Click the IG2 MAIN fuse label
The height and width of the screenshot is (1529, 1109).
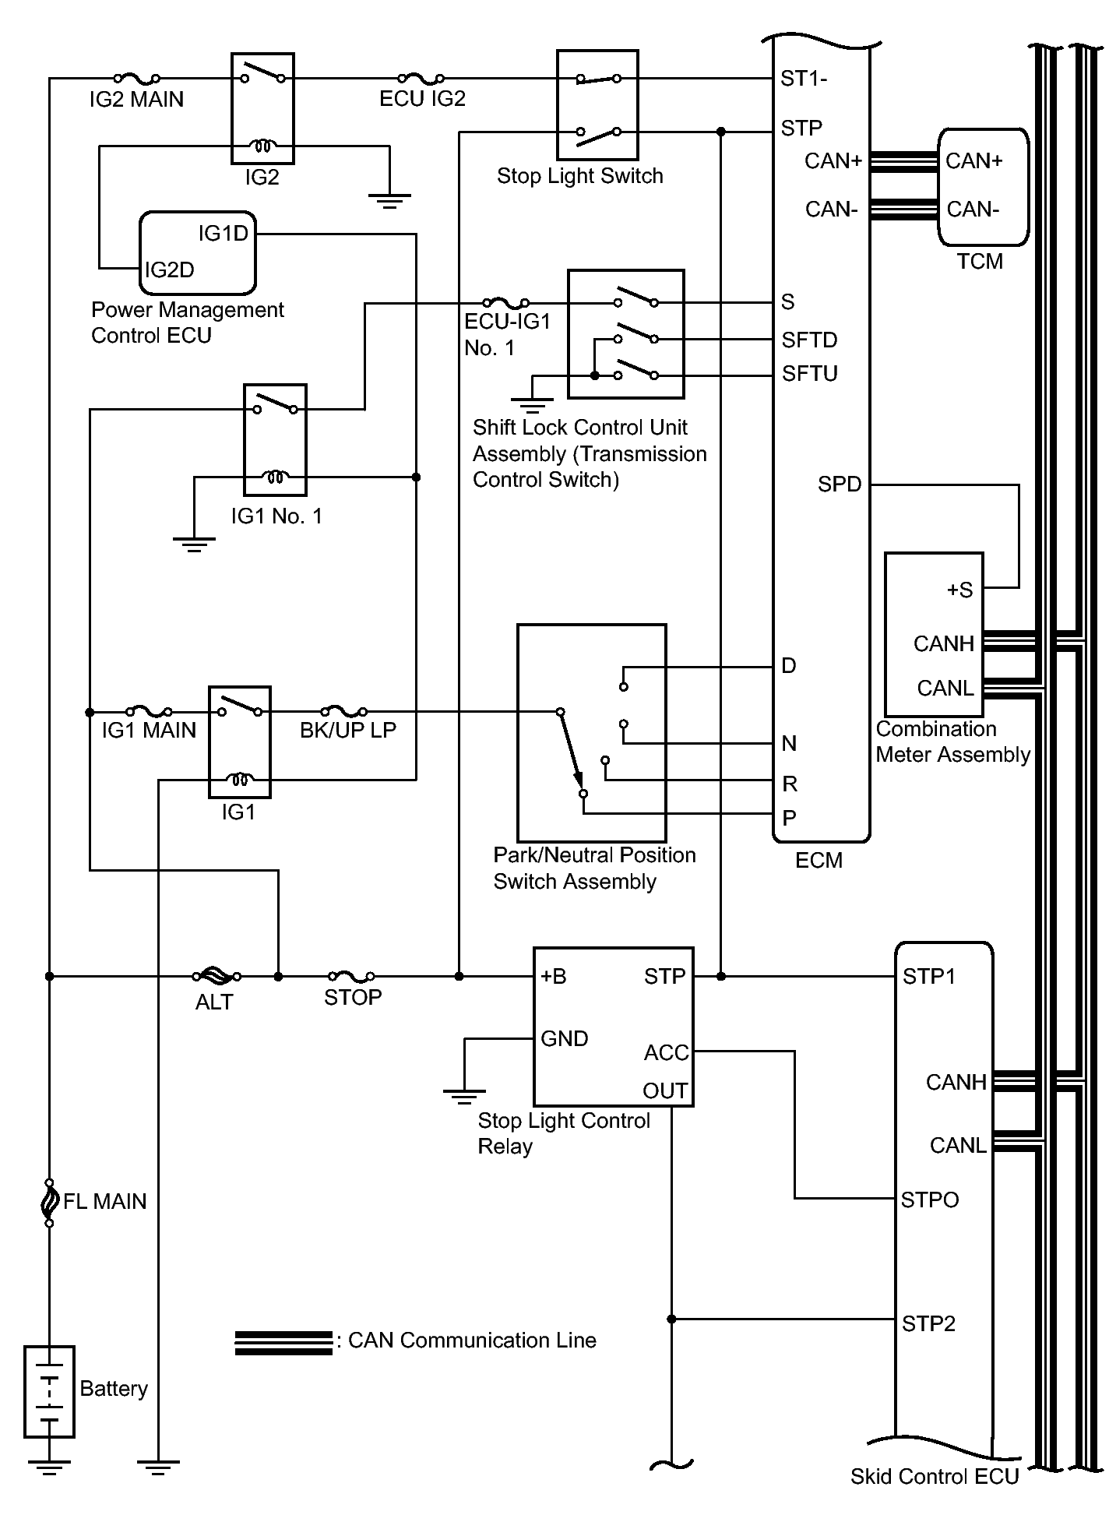[x=136, y=100]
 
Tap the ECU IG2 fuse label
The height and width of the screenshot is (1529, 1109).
[x=422, y=99]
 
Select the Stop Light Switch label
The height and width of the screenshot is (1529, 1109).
[x=580, y=176]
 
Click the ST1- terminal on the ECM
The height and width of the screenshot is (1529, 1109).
[x=804, y=79]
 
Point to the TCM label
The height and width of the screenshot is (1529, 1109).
[x=980, y=262]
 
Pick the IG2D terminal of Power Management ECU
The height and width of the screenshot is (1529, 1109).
[x=170, y=270]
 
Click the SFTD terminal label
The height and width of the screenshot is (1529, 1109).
[x=810, y=340]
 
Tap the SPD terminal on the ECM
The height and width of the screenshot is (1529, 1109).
[x=840, y=484]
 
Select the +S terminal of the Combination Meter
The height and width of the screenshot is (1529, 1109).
[x=959, y=590]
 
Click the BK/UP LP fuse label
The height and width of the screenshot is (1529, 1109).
[x=348, y=731]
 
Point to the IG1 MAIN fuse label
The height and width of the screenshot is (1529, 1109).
[x=149, y=731]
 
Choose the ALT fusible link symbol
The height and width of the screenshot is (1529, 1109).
[x=216, y=975]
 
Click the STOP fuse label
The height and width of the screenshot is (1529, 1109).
[x=353, y=998]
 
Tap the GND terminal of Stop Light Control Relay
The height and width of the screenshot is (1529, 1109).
[x=565, y=1039]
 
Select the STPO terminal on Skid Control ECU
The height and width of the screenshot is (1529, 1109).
[x=930, y=1200]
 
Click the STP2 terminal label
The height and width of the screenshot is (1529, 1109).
[x=928, y=1324]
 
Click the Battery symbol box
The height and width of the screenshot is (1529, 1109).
[x=50, y=1391]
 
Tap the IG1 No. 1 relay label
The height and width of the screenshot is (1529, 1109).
[x=276, y=516]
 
